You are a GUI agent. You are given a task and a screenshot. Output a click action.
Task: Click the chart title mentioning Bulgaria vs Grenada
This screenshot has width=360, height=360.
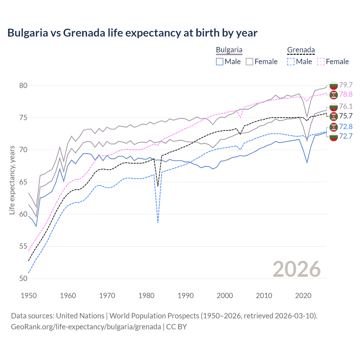(x=132, y=33)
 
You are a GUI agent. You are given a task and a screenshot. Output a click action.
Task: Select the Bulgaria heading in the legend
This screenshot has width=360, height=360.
(x=229, y=50)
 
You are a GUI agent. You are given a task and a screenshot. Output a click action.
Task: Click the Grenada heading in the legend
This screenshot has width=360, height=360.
(x=301, y=50)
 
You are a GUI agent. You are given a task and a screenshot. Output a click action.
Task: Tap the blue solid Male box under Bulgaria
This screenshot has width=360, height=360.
(x=220, y=62)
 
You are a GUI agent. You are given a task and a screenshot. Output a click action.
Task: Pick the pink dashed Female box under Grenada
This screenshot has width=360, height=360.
(x=321, y=62)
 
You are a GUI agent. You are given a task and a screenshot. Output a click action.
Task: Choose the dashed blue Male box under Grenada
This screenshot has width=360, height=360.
(x=291, y=62)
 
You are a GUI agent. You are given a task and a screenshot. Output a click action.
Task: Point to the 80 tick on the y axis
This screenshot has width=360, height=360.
(x=23, y=85)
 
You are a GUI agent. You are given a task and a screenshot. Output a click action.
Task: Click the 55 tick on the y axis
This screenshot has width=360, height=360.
(x=23, y=246)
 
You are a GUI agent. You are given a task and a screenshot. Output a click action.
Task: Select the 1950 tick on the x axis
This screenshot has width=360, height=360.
(x=29, y=296)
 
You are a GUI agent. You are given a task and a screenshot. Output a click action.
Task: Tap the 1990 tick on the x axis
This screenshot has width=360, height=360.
(x=186, y=296)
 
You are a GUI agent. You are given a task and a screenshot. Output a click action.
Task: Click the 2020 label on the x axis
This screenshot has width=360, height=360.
(x=303, y=296)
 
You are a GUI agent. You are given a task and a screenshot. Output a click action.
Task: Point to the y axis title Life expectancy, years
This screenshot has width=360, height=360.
(x=12, y=180)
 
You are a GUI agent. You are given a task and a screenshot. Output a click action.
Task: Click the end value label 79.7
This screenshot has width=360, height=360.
(x=346, y=85)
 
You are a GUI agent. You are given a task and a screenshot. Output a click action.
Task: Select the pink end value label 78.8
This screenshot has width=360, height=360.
(x=346, y=94)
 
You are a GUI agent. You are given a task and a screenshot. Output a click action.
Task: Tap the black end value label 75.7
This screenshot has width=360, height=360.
(x=346, y=116)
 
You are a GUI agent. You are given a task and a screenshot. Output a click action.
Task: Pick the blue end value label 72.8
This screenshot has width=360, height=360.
(x=346, y=127)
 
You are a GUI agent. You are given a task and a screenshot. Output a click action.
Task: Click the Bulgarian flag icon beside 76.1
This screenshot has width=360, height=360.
(x=334, y=107)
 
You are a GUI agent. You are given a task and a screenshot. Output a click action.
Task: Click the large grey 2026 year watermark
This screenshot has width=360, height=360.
(x=296, y=269)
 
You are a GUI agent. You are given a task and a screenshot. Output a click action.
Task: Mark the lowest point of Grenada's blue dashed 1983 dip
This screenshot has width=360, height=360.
(x=158, y=223)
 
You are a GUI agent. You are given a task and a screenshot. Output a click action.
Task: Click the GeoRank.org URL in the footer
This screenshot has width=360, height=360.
(x=86, y=327)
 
